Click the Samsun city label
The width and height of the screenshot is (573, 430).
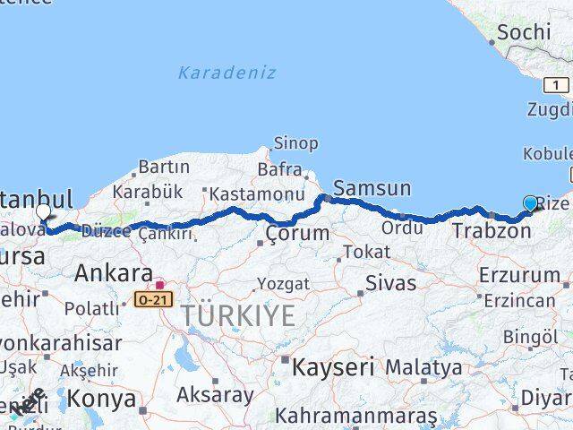[x=372, y=188]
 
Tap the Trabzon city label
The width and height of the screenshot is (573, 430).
[x=492, y=231]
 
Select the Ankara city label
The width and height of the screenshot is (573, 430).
[x=113, y=272]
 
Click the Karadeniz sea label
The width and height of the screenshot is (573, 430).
[x=227, y=73]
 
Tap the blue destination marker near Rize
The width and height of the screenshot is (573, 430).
[x=530, y=204]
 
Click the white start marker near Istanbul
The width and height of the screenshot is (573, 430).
[x=44, y=213]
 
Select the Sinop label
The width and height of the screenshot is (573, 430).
[x=295, y=143]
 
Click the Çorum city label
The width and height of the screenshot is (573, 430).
[x=298, y=234]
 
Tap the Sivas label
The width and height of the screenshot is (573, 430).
[x=391, y=283]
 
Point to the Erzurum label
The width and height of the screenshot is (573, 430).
[x=519, y=275]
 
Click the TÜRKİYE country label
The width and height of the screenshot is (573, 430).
[x=238, y=315]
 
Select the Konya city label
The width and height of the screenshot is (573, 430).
[x=103, y=398]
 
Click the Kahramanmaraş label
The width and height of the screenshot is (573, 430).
[x=355, y=417]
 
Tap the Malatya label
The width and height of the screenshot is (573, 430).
[x=423, y=367]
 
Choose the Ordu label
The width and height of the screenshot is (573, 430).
[x=401, y=228]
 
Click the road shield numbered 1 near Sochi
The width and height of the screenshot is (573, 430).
[x=556, y=85]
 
